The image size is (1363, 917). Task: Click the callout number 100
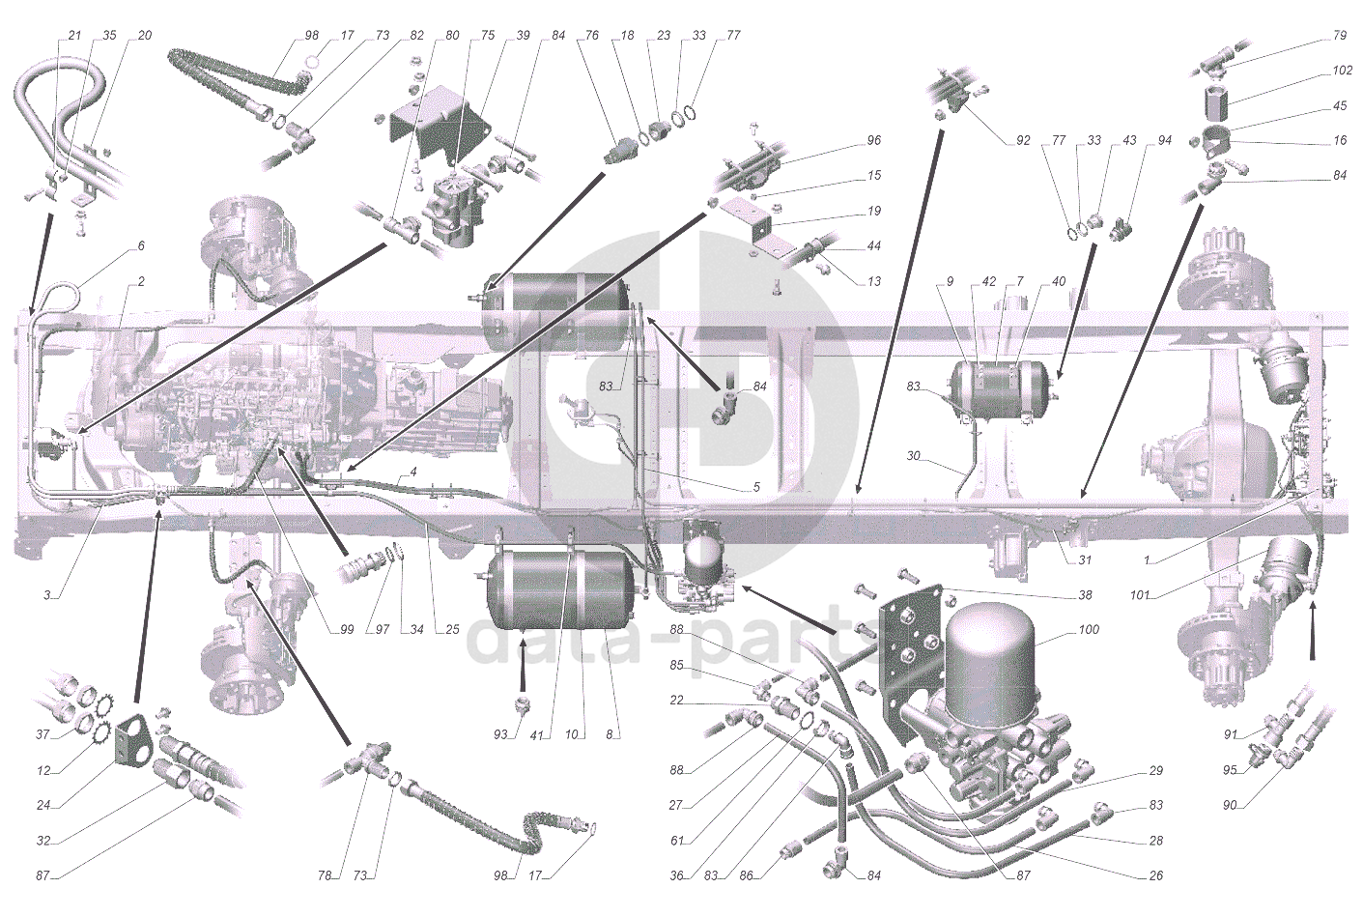click(x=1090, y=630)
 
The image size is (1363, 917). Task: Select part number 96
click(x=873, y=140)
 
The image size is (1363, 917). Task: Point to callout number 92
click(x=1023, y=140)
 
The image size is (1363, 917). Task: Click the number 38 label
click(x=1086, y=596)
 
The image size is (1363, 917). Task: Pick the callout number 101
click(x=1140, y=595)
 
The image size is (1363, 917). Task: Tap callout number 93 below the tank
click(x=499, y=734)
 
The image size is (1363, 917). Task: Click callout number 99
click(x=346, y=630)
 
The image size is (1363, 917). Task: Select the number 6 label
click(x=141, y=245)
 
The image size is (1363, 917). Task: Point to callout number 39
click(x=523, y=36)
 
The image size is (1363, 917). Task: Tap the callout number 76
click(x=592, y=36)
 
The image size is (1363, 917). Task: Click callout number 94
click(x=1164, y=140)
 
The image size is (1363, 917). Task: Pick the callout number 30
click(x=914, y=455)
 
